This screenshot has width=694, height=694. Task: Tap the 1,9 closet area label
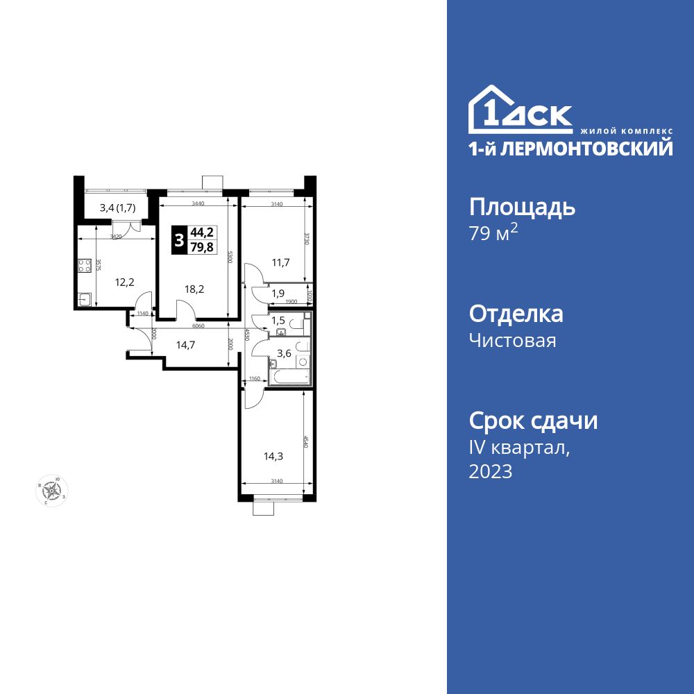point(278,293)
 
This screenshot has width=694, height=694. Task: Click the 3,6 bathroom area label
point(284,353)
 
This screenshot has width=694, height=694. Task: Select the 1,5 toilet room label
point(278,320)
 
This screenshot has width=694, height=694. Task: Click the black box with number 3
point(180,241)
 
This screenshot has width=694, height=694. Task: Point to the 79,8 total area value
point(203,248)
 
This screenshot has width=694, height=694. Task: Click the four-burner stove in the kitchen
point(84,266)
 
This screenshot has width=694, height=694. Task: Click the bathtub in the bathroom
point(289,377)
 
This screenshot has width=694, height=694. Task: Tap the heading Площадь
point(522,207)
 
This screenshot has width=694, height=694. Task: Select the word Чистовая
point(512,341)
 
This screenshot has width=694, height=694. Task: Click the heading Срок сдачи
point(533,421)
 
